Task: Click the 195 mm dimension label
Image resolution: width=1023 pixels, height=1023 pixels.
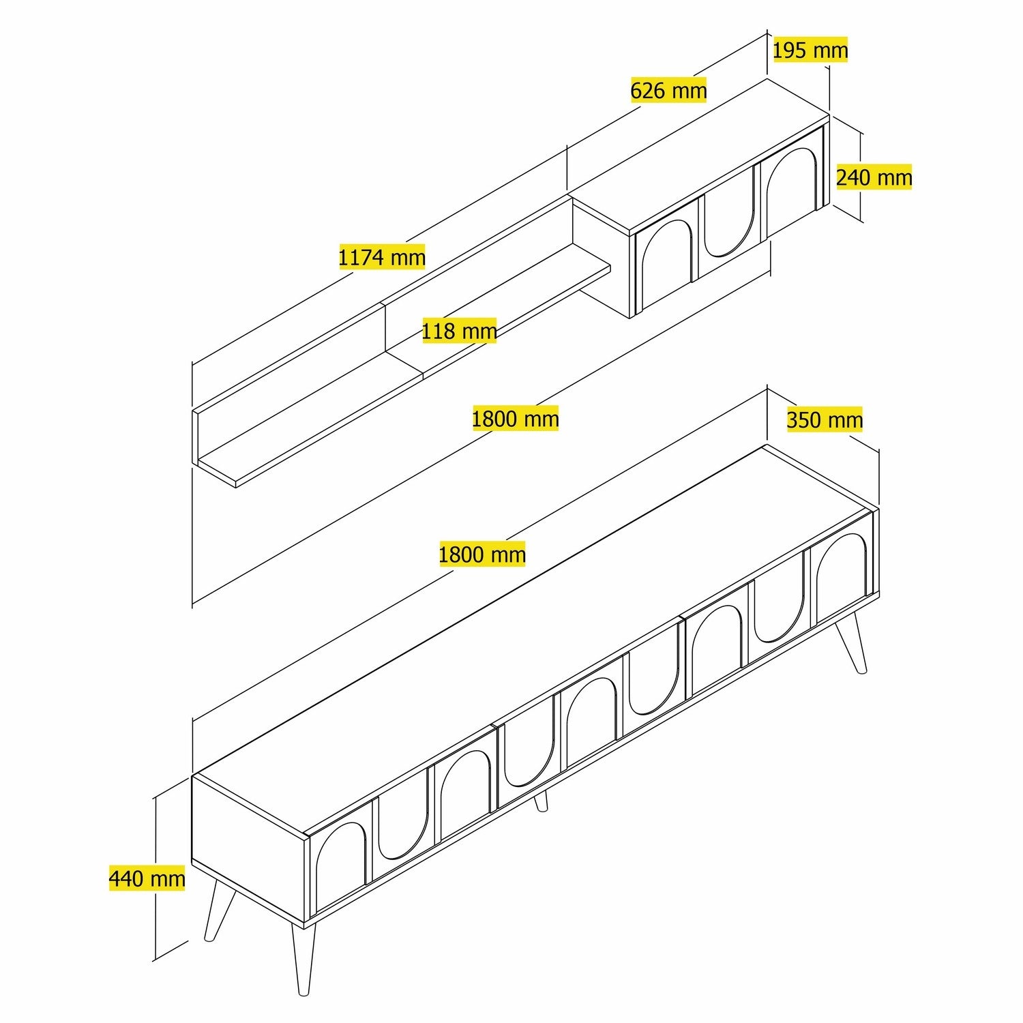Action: (810, 50)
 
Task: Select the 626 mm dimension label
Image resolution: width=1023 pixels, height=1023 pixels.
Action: (668, 90)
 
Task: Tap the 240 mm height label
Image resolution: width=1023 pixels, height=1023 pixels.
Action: (874, 177)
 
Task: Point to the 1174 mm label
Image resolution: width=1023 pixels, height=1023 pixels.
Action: (382, 257)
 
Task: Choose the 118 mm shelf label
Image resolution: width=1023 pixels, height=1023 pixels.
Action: (459, 331)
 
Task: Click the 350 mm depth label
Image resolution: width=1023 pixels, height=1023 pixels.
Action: (825, 419)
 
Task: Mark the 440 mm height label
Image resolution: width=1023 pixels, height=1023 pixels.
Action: (147, 878)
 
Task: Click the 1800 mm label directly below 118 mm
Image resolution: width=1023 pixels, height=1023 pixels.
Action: (515, 418)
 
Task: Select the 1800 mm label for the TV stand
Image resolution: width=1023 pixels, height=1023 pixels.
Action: (481, 554)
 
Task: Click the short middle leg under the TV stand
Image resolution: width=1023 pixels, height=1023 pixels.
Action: (541, 801)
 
